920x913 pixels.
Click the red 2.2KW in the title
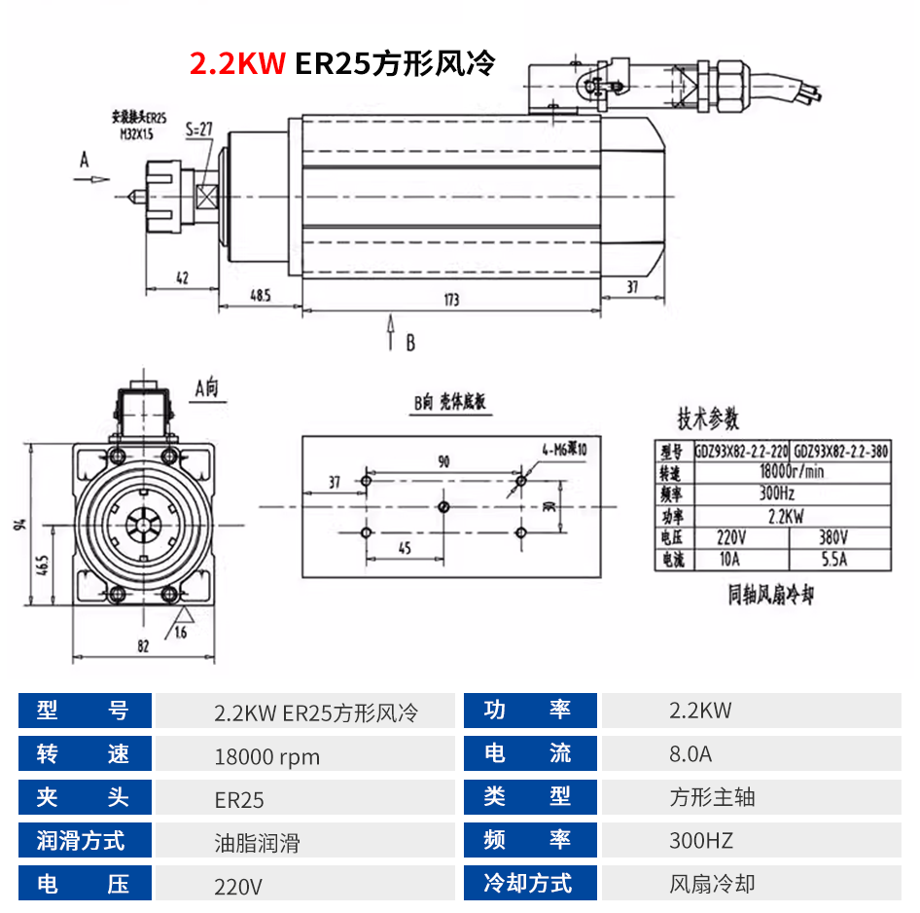(237, 64)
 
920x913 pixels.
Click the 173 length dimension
(451, 300)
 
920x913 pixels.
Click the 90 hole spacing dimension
(443, 462)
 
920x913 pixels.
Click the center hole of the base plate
(443, 506)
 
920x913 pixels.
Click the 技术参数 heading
(708, 420)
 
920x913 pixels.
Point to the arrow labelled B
(392, 333)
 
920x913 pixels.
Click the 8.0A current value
(690, 753)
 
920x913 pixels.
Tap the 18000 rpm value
(266, 756)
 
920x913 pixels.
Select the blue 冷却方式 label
(528, 883)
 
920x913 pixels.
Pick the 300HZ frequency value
(700, 840)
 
